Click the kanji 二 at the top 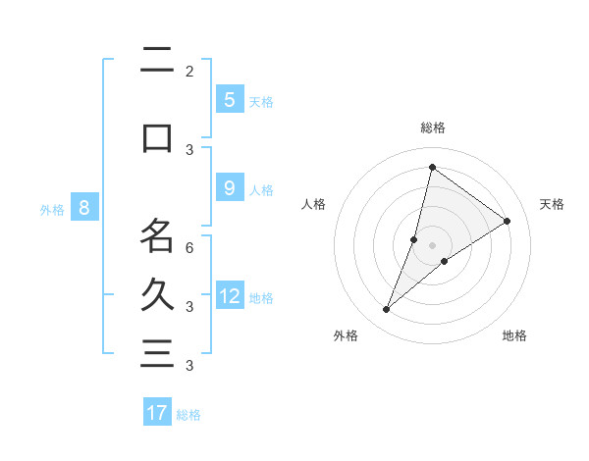(x=157, y=61)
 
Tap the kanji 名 (x=157, y=235)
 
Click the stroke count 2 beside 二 (x=189, y=72)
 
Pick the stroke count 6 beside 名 (x=189, y=248)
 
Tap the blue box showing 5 (x=229, y=99)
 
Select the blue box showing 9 (x=229, y=188)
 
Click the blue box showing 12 (x=230, y=296)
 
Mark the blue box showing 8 (x=84, y=207)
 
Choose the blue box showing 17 (x=157, y=413)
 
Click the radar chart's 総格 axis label (x=433, y=128)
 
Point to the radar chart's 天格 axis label (x=552, y=204)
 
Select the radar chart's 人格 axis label (x=314, y=204)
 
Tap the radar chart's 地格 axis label (x=514, y=335)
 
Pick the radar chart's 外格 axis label (x=346, y=335)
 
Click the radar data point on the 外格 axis (x=387, y=310)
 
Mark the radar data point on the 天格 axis (x=508, y=222)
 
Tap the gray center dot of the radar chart (x=433, y=245)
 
